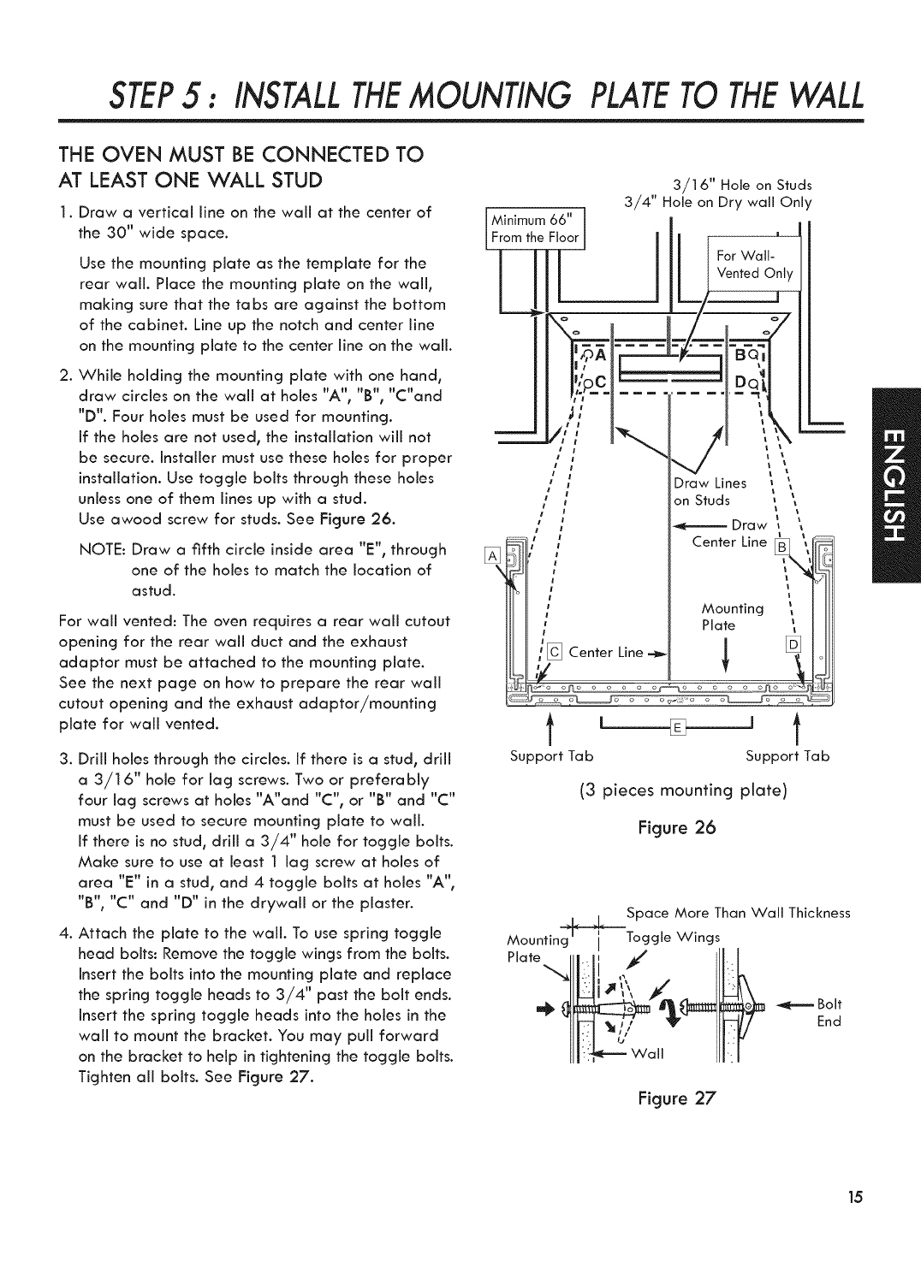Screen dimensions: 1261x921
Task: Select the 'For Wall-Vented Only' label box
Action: tap(756, 264)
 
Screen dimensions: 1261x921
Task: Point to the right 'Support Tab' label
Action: tap(787, 756)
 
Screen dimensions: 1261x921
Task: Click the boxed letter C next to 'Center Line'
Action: tap(554, 652)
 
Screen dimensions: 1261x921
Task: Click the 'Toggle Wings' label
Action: tap(674, 936)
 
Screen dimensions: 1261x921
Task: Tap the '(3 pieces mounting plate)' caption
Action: tap(683, 790)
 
